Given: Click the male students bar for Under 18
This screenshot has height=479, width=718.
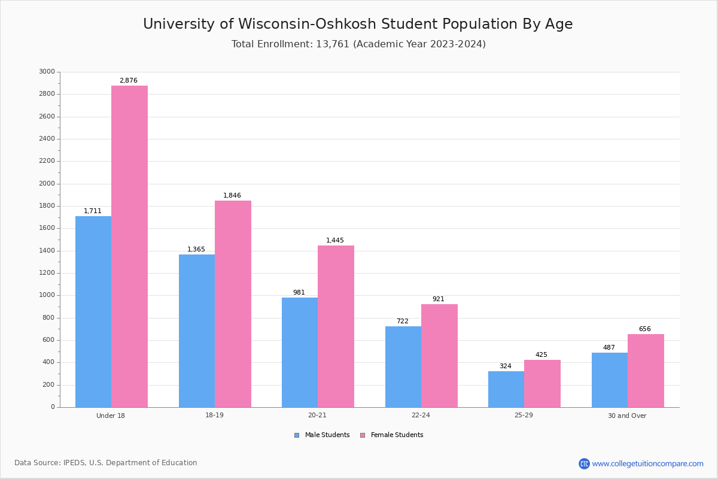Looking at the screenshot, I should tap(93, 311).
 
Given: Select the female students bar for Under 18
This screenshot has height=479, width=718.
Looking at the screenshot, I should tap(129, 246).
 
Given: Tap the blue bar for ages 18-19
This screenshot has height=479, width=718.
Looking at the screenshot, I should tap(197, 331).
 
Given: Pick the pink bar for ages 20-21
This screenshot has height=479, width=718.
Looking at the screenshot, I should tap(336, 326).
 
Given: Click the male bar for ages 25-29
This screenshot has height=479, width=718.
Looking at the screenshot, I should tap(506, 389).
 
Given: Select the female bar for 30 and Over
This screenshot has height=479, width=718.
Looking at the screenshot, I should tap(646, 371).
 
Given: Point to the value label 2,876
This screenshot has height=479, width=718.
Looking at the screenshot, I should tap(129, 80).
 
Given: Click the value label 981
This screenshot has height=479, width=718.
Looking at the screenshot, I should tap(299, 293).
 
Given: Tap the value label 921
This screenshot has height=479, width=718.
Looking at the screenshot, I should tap(439, 299).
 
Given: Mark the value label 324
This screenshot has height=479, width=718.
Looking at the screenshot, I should tap(506, 366).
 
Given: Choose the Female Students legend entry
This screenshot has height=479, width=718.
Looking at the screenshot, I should tap(391, 435).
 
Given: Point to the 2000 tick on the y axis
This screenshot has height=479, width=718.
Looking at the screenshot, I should tap(47, 184).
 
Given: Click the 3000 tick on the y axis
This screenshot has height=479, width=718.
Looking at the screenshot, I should tap(47, 72).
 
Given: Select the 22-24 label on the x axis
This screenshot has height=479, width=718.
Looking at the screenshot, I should tap(421, 416).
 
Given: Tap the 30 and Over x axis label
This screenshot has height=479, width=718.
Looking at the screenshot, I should tap(627, 416).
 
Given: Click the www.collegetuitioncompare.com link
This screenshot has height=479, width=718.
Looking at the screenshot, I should tap(647, 463).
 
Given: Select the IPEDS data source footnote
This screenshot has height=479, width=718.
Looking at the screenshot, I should tap(106, 463).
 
